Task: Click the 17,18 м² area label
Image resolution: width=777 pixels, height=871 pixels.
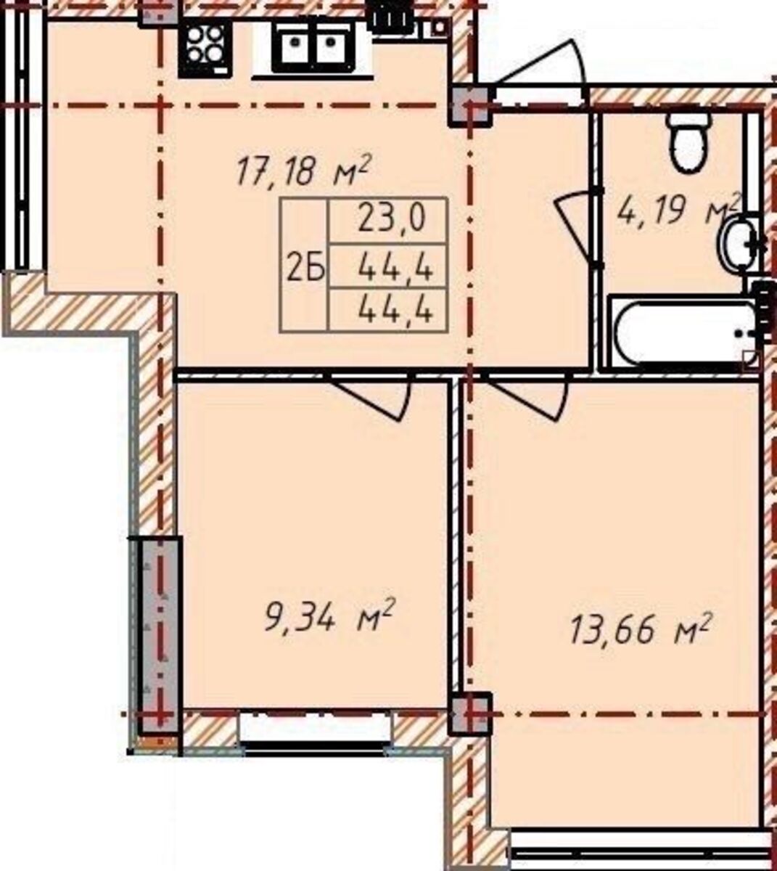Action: click(x=303, y=171)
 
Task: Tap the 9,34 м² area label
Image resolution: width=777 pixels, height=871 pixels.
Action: click(x=329, y=621)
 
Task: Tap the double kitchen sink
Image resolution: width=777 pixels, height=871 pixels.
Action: click(x=313, y=46)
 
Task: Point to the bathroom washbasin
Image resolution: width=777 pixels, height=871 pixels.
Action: click(x=736, y=242)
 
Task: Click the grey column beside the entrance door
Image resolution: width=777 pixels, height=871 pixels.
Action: click(x=469, y=106)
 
